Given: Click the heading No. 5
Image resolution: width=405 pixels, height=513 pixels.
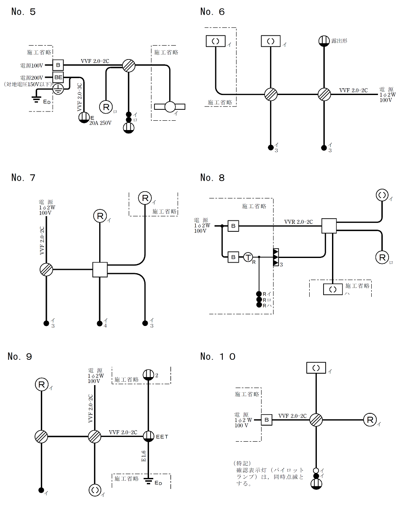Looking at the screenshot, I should [24, 12].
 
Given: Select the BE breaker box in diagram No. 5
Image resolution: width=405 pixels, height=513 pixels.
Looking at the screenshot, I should [58, 77].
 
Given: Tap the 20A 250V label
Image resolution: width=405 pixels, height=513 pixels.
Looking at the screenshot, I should [100, 123].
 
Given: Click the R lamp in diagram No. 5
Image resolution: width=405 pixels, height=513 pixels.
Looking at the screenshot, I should [105, 106].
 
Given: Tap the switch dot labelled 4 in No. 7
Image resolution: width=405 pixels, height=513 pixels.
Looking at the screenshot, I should [100, 323].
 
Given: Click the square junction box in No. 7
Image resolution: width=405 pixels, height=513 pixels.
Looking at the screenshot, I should [100, 269].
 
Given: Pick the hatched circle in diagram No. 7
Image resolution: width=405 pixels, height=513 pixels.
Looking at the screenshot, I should [46, 269].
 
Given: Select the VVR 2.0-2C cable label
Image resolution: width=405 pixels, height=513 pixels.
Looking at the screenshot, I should [298, 222].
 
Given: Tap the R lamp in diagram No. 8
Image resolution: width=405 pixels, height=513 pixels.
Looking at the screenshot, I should [382, 257].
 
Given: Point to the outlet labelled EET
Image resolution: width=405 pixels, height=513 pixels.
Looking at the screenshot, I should [148, 436].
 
